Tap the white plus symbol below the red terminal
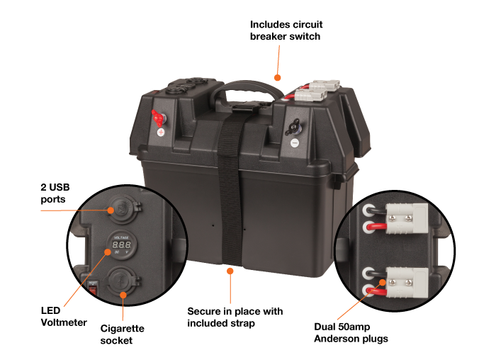pyautogui.click(x=161, y=133)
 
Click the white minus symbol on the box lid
pyautogui.click(x=295, y=143)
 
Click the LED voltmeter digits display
pyautogui.click(x=122, y=244)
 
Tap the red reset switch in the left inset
pyautogui.click(x=92, y=289)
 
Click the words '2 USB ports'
pyautogui.click(x=55, y=193)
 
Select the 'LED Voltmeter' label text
pyautogui.click(x=64, y=316)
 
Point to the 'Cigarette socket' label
pyautogui.click(x=122, y=334)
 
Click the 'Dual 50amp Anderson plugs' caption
pyautogui.click(x=351, y=332)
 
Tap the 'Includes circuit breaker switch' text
pyautogui.click(x=286, y=30)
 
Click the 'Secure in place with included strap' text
pyautogui.click(x=235, y=317)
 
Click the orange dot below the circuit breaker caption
pyautogui.click(x=278, y=77)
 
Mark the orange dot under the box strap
pyautogui.click(x=230, y=271)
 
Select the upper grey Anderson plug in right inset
pyautogui.click(x=407, y=218)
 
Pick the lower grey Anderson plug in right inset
pyautogui.click(x=407, y=283)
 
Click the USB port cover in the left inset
pyautogui.click(x=123, y=210)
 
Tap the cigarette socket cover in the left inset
pyautogui.click(x=123, y=281)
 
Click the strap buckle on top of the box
pyautogui.click(x=244, y=108)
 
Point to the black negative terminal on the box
pyautogui.click(x=292, y=127)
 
